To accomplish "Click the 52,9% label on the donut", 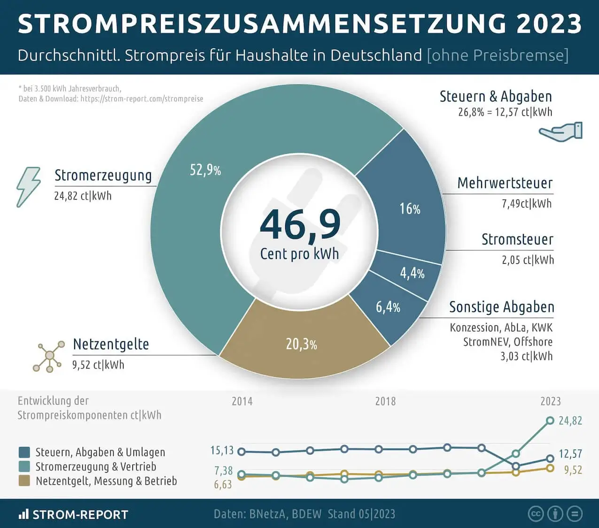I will point(205,170).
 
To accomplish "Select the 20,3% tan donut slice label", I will point(301,344).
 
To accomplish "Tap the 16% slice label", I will point(410,209).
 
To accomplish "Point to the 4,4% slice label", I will point(412,273).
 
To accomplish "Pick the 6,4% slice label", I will point(388,307).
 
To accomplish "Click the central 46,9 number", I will point(300,225).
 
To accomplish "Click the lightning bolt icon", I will point(28,187).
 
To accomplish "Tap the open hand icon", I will point(560,131).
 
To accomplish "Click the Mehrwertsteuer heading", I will point(505,183).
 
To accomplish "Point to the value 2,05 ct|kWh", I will point(528,260).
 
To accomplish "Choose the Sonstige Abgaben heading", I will point(501,307).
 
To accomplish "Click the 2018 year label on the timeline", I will point(385,401).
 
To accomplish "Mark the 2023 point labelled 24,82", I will point(550,421).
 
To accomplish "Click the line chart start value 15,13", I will point(222,451).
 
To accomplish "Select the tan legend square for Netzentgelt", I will point(24,481).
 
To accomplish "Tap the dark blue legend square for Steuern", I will point(24,452).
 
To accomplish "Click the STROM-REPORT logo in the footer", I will point(73,514).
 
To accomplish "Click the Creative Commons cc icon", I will point(536,514).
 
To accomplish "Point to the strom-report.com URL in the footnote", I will point(142,99).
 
